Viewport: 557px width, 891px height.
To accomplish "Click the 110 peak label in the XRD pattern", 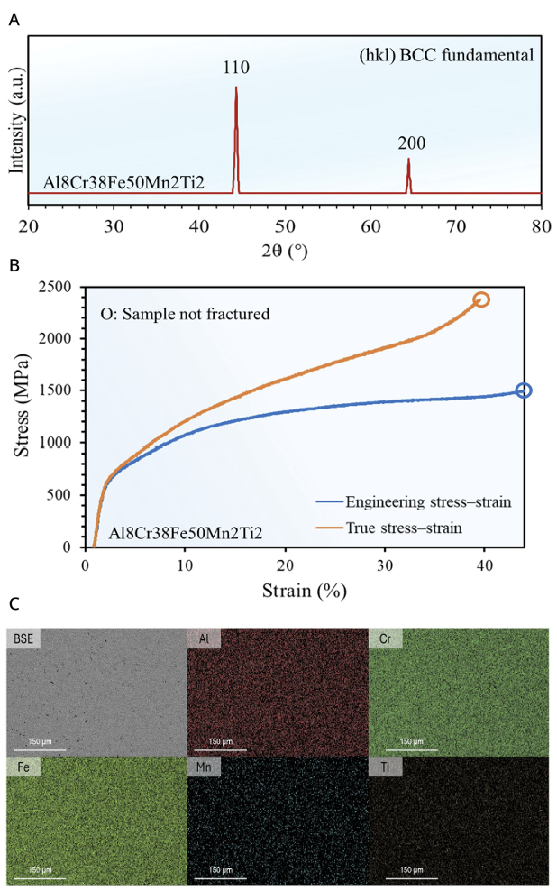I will point(236,68).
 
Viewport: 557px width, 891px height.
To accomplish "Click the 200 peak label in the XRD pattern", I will point(411,143).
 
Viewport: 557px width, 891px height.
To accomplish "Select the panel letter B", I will point(14,267).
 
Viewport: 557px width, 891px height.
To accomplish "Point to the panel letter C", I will point(14,603).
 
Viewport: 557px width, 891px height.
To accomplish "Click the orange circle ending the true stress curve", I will point(481,299).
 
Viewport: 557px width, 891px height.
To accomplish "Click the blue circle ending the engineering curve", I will point(524,390).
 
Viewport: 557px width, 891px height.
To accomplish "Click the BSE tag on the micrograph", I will point(23,639).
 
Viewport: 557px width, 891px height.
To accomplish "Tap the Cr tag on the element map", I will point(386,639).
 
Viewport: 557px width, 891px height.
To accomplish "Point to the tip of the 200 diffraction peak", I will point(408,160).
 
